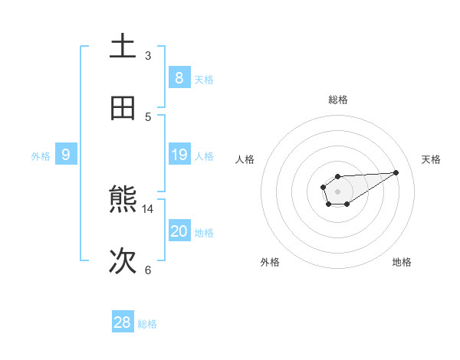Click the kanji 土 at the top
click(x=123, y=47)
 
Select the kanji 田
click(x=123, y=109)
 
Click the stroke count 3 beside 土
click(x=148, y=56)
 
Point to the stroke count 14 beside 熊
click(x=148, y=208)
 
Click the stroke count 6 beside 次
click(x=148, y=270)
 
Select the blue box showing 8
click(x=179, y=78)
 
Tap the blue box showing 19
click(x=179, y=155)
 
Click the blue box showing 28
click(x=123, y=322)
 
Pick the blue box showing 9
click(x=66, y=155)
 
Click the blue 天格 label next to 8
click(x=204, y=80)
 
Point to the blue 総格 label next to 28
click(x=147, y=324)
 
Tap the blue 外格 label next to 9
click(x=41, y=156)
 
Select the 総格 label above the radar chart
click(x=337, y=100)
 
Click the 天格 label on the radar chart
click(x=432, y=159)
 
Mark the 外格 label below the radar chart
click(x=270, y=262)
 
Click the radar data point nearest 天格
click(x=396, y=172)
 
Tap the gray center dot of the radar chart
click(x=337, y=191)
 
